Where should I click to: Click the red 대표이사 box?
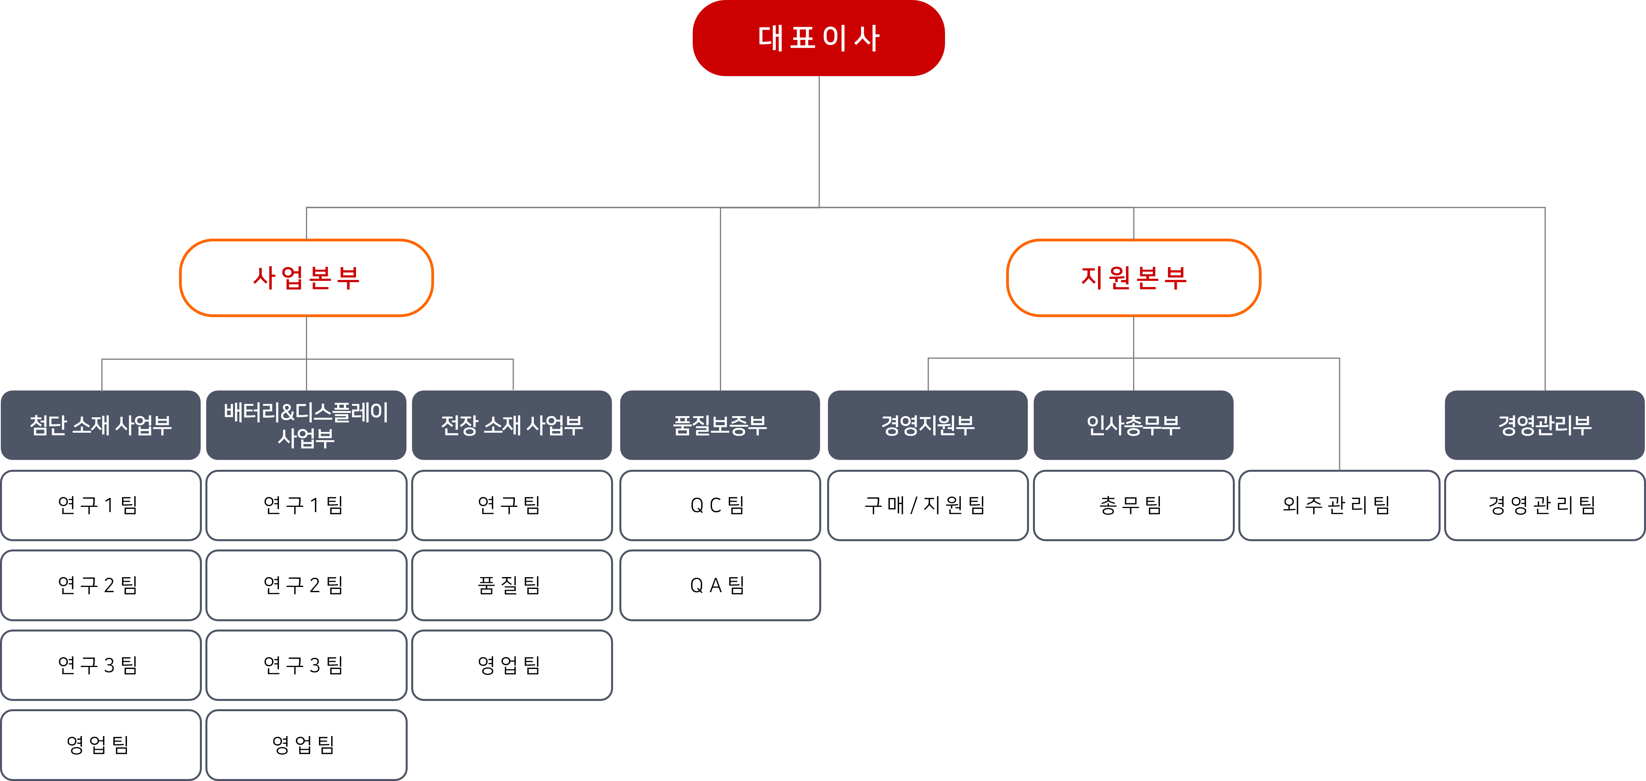[x=818, y=38]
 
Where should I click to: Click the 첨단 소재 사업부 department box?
[x=101, y=425]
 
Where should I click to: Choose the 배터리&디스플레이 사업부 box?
[x=306, y=425]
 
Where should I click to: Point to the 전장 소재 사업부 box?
[x=512, y=425]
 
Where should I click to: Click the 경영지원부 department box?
[x=928, y=425]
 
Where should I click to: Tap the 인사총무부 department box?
[x=1133, y=425]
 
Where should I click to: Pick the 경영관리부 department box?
[x=1544, y=425]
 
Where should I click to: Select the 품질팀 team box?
[x=512, y=585]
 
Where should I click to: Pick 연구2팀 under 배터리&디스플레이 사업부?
[x=306, y=585]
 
